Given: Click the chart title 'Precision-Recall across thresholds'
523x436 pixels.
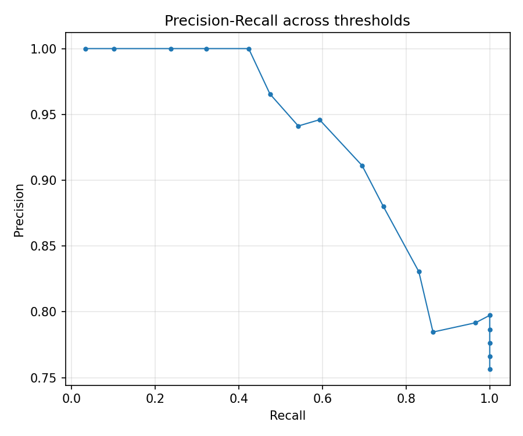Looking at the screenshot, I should [x=287, y=21].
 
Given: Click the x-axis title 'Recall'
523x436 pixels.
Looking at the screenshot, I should [x=287, y=416].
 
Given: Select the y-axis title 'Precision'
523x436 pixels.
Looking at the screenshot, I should [x=20, y=210].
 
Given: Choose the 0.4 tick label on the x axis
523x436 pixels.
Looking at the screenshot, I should [x=239, y=400].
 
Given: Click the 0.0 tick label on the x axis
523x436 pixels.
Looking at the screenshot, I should [x=71, y=400].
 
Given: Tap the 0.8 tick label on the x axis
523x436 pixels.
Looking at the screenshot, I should [x=406, y=400].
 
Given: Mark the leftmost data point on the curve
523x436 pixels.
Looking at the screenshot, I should [x=85, y=49].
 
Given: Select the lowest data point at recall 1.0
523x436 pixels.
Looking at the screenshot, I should [x=490, y=369].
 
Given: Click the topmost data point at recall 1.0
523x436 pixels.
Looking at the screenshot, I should [x=490, y=315].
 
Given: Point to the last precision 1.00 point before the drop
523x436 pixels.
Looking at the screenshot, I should [x=249, y=49].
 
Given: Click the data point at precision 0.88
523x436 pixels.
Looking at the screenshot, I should [x=384, y=206].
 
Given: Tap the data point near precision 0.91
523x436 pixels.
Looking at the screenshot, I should [x=362, y=166].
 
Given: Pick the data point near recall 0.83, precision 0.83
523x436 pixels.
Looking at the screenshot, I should [x=419, y=271].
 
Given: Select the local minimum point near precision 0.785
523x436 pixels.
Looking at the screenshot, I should [x=433, y=332].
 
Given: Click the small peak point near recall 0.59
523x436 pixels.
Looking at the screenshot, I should [x=320, y=120].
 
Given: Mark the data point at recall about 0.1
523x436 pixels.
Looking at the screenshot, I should [x=114, y=49].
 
